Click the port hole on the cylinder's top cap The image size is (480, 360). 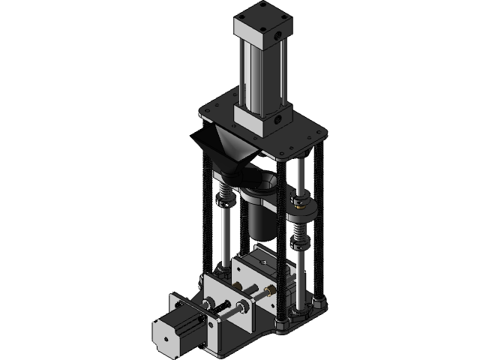(x=278, y=34)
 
